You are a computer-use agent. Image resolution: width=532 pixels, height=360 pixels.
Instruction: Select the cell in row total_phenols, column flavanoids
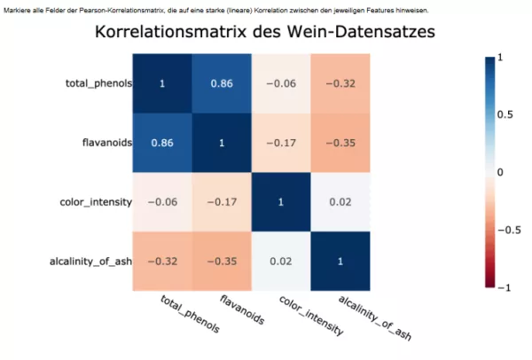point(222,83)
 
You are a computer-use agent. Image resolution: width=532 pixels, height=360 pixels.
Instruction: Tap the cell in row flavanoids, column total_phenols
point(162,142)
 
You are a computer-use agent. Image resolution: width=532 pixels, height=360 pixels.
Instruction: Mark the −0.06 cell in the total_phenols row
point(280,83)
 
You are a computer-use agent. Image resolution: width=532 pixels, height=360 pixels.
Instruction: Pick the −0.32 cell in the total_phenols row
point(340,83)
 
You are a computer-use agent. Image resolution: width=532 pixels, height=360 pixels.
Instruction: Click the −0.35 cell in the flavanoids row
point(340,142)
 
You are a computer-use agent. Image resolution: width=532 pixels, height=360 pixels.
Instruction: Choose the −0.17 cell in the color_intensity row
point(222,201)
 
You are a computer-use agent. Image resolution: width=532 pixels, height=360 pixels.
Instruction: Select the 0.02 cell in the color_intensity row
point(340,201)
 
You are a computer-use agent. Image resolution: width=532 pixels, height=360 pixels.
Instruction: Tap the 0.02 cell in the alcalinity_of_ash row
point(280,261)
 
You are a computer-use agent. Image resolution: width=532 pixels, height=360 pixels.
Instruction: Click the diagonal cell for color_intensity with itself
point(280,201)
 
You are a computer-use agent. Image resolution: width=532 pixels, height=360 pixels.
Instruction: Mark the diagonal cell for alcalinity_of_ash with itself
point(340,261)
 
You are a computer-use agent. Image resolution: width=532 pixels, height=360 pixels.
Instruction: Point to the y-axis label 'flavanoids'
point(107,142)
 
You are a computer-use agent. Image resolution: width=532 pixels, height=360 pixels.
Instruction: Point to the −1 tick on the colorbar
point(503,288)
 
